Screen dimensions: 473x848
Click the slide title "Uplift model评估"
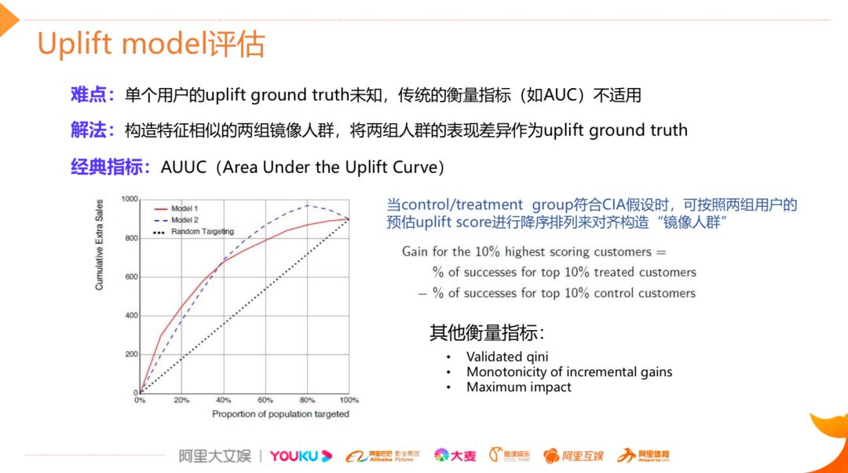pos(151,44)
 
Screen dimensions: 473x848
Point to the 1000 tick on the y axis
pos(130,200)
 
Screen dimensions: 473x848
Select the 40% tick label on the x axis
pos(224,400)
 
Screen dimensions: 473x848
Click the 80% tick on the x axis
pos(307,400)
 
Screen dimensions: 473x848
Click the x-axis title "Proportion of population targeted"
pos(280,414)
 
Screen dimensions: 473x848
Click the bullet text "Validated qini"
pos(507,357)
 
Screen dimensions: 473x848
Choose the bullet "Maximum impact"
pos(519,387)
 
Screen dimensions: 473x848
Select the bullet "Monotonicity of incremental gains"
pos(569,372)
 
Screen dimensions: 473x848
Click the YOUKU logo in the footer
pos(301,456)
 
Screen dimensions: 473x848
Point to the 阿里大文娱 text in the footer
pos(214,456)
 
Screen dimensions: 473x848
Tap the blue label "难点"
pos(88,95)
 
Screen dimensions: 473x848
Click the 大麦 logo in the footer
pos(455,456)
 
